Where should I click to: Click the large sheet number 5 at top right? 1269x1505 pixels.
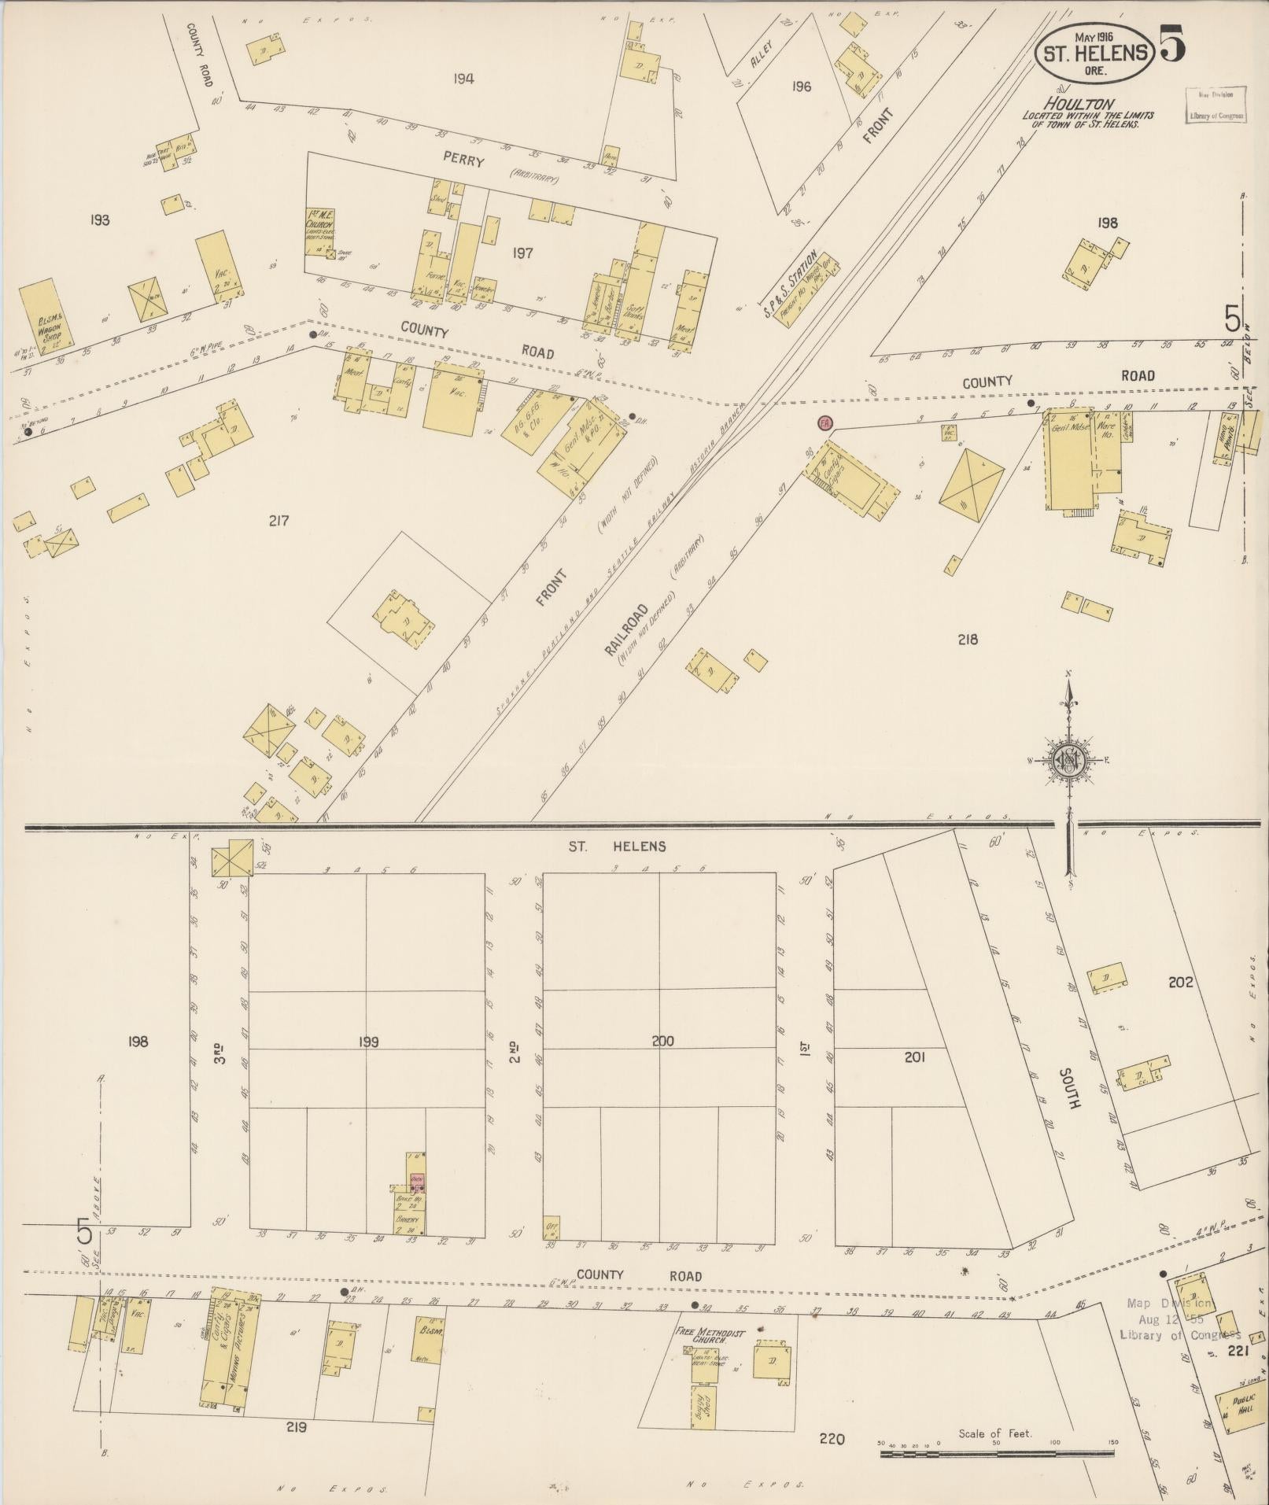tap(1171, 43)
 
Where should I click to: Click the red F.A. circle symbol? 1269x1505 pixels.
tap(824, 422)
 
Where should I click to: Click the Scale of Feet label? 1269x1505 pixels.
tap(994, 1433)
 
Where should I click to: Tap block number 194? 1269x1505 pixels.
tap(463, 78)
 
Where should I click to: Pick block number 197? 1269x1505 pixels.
tap(522, 253)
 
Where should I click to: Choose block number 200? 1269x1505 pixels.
tap(662, 1041)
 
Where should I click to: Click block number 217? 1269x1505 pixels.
tap(279, 520)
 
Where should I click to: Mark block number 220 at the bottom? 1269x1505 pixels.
tap(832, 1439)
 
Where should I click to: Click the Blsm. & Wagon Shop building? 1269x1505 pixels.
tap(46, 314)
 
